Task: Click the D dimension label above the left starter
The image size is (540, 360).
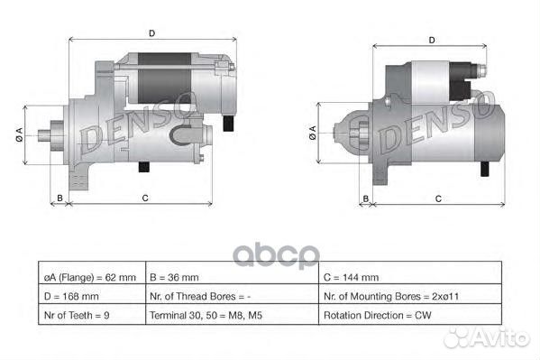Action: click(x=151, y=32)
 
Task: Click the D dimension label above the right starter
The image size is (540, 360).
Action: click(x=433, y=40)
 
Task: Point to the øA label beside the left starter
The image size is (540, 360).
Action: click(x=20, y=135)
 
